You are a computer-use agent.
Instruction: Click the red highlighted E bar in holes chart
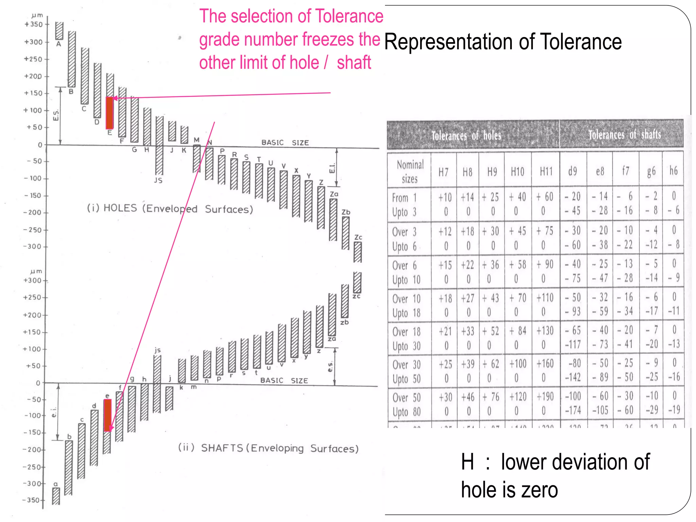coord(109,113)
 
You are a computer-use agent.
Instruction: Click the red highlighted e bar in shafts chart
coord(107,415)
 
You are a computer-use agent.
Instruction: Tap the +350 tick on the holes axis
coord(34,24)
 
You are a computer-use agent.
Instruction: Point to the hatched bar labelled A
coord(59,31)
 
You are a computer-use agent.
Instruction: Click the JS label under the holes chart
coord(158,180)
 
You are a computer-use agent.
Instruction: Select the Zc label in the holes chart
coord(358,237)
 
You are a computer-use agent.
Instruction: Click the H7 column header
coord(443,172)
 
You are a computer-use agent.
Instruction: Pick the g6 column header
coord(651,171)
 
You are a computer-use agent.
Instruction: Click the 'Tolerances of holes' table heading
coord(466,136)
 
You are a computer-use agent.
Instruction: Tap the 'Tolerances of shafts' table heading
coord(625,135)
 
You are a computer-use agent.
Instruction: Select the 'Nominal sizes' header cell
coord(410,172)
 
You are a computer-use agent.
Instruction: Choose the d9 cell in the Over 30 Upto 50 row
coord(573,370)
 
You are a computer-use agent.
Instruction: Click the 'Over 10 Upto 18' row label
coord(406,306)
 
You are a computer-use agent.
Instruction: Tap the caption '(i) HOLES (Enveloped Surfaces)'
coord(170,208)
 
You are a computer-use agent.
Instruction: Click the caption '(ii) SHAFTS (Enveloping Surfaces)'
coord(268,448)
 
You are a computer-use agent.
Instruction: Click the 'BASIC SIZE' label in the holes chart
coord(285,142)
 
